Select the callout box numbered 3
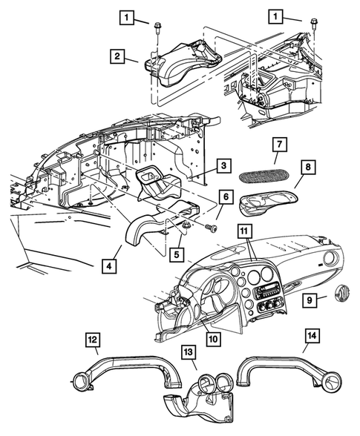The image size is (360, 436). (222, 166)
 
